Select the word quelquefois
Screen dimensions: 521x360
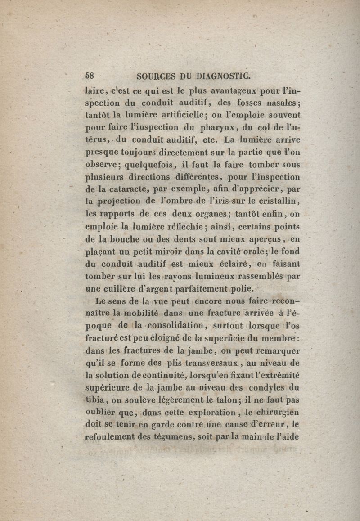[141, 164]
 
